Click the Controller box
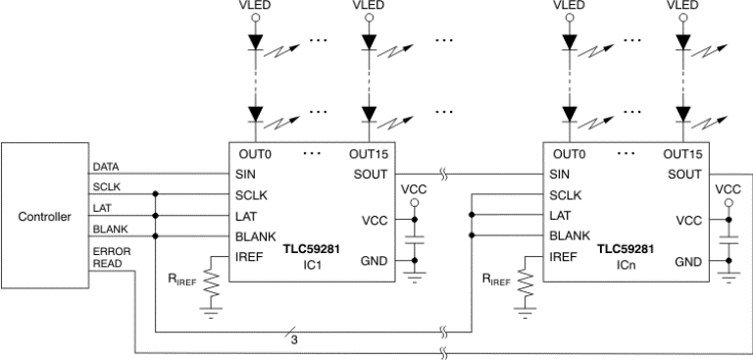click(45, 217)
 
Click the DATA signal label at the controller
click(106, 167)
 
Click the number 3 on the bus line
click(293, 340)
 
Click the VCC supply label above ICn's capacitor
click(728, 188)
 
